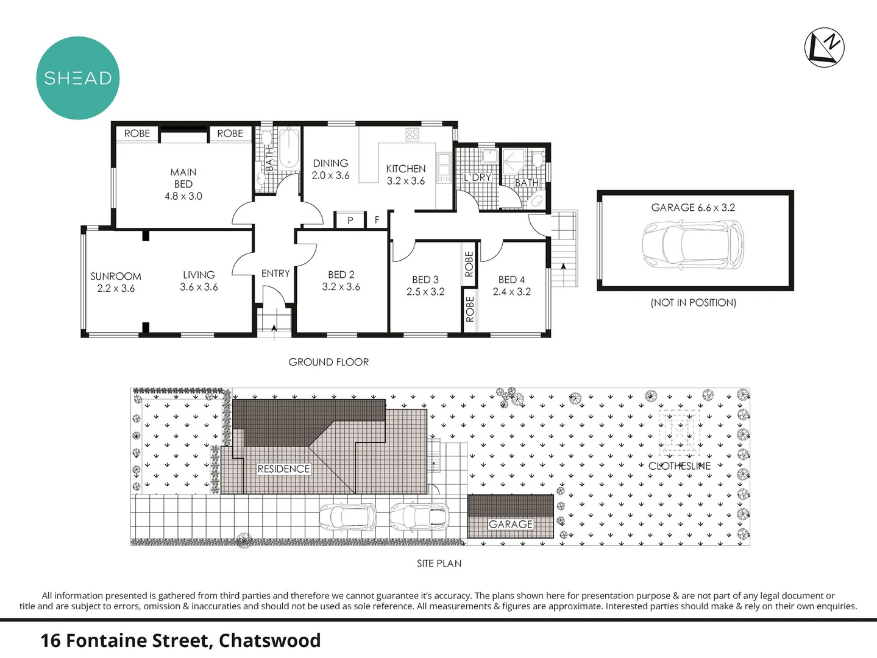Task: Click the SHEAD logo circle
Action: pos(78,78)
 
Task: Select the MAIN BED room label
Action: pos(183,178)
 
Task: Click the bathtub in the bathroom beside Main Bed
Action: pos(288,147)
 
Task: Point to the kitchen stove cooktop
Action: pos(412,134)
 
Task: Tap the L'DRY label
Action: pos(477,177)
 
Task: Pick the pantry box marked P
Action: pos(350,219)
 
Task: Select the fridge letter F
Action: pos(377,219)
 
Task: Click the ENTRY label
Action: pos(275,274)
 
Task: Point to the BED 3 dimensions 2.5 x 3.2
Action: pos(425,292)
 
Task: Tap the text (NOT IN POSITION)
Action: pos(693,303)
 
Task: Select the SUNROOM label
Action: pos(116,276)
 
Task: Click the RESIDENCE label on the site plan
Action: pos(283,469)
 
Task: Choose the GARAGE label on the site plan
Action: pos(511,524)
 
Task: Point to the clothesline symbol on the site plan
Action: pos(679,433)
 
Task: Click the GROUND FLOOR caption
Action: pos(328,362)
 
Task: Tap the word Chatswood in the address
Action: pos(270,641)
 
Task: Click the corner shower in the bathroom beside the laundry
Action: pos(514,161)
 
